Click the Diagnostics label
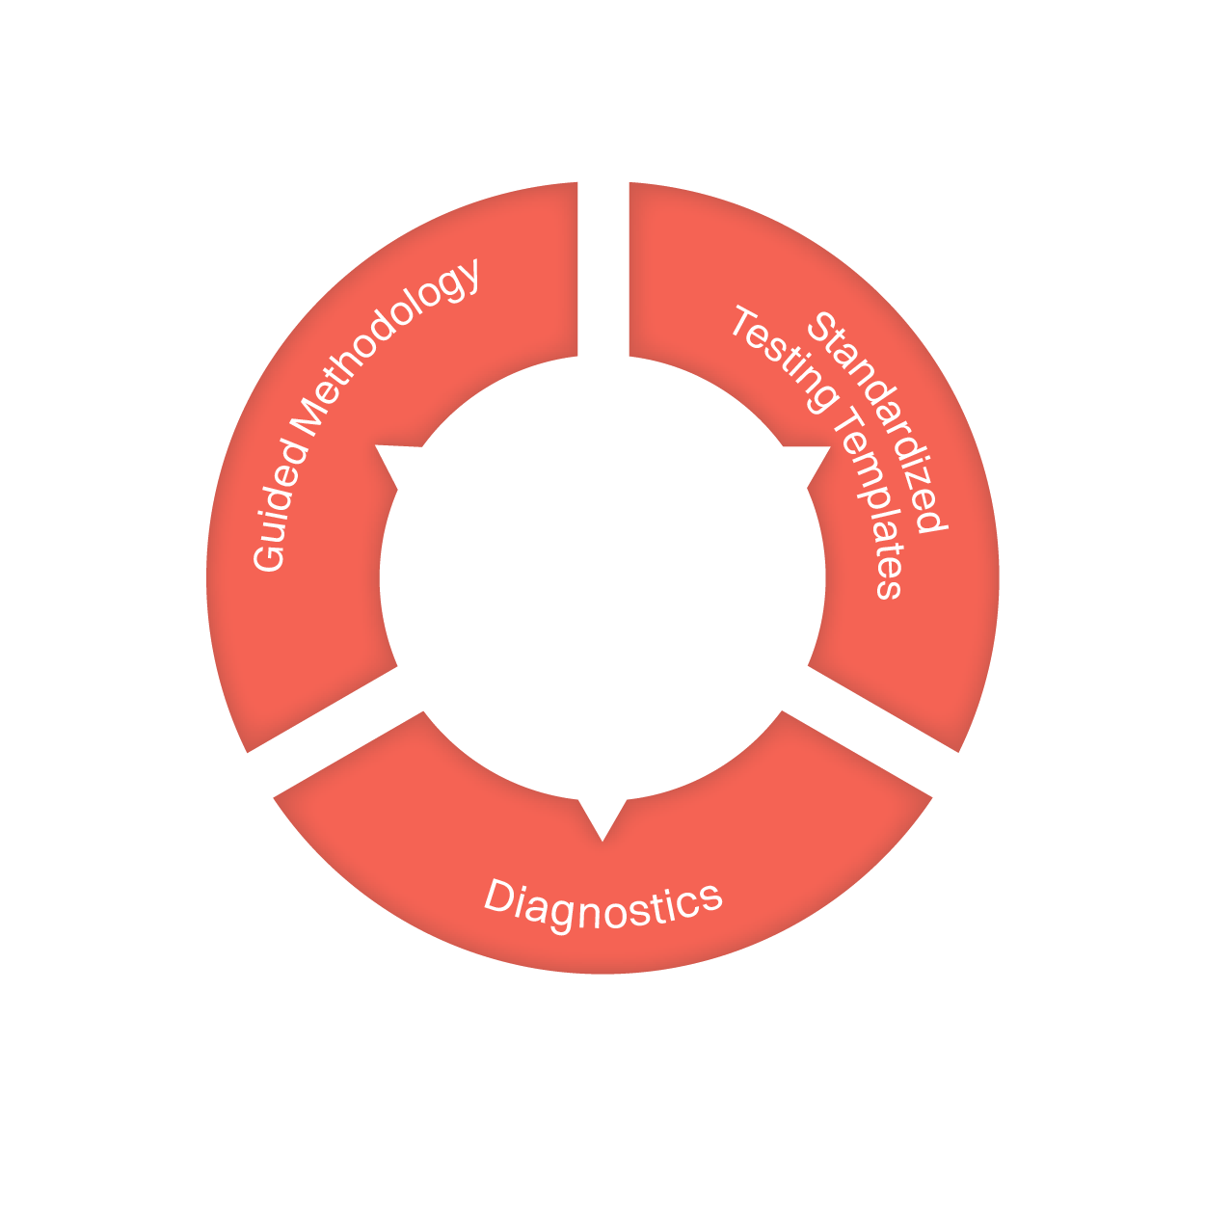point(603,906)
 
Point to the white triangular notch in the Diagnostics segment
point(602,815)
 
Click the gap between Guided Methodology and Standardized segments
point(603,270)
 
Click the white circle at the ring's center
point(602,578)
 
